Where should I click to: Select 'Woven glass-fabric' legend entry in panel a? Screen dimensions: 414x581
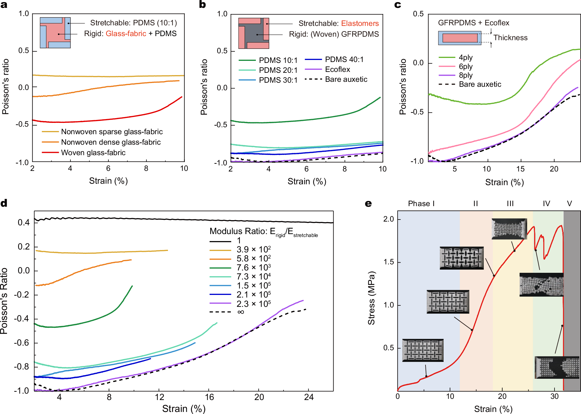(93, 153)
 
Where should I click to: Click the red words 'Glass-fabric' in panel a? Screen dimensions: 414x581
(126, 33)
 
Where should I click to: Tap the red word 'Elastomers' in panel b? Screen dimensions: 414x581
(360, 23)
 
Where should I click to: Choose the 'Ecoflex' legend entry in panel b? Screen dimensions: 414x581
(337, 69)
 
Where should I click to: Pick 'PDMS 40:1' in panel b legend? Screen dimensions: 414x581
(344, 59)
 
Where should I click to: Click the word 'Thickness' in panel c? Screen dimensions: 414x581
(510, 38)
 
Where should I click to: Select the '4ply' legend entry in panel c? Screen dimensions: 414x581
(465, 57)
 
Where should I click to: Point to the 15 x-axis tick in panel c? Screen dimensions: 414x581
(520, 169)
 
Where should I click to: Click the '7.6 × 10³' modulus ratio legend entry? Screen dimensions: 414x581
(253, 267)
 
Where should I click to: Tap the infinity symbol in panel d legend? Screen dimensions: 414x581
(241, 312)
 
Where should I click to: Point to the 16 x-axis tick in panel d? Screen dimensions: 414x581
(209, 397)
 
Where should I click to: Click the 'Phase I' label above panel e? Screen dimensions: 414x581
(421, 204)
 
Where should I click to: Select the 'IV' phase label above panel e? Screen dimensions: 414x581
(546, 204)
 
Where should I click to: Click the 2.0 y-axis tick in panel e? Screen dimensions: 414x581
(388, 219)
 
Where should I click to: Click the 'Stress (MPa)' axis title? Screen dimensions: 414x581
(371, 298)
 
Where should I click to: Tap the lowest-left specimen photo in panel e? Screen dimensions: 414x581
(423, 350)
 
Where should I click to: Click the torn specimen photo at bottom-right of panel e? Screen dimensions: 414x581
(557, 367)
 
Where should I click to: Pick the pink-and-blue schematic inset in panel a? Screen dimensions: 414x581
(55, 33)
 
